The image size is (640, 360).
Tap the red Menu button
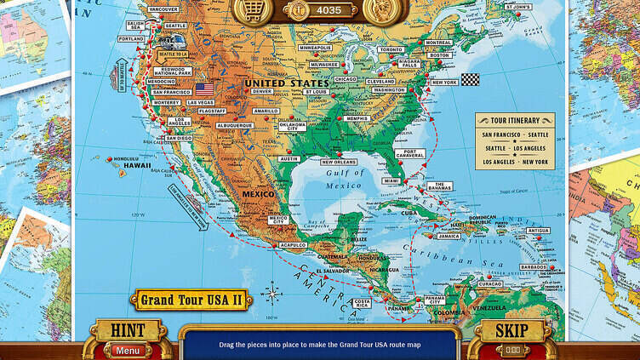coord(129,351)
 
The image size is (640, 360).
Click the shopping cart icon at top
coord(253,9)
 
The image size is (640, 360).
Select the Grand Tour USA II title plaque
coord(190,300)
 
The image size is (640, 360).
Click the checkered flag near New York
coord(470,79)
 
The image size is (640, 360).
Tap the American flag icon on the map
coord(204,88)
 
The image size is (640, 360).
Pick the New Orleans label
coord(338,162)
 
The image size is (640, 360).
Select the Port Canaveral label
coord(409,154)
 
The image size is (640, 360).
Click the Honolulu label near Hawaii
coord(128,158)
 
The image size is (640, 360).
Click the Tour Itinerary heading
coord(515,121)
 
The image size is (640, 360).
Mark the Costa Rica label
coord(362,303)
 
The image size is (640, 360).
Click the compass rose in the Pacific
coord(273,295)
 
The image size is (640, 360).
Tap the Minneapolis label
coord(315,48)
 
